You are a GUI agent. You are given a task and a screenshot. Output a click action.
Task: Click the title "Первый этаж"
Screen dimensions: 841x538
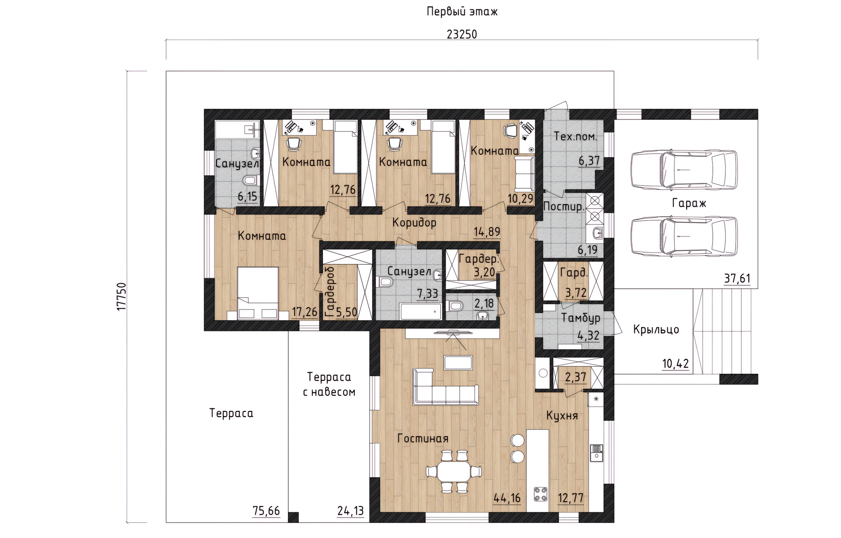462,11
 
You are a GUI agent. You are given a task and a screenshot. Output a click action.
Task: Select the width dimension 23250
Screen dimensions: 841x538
462,34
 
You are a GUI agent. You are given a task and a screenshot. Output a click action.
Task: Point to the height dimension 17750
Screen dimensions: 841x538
121,296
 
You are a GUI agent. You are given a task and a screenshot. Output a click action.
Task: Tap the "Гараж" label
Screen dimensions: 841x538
689,203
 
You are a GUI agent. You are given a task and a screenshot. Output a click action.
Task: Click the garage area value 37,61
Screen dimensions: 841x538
737,279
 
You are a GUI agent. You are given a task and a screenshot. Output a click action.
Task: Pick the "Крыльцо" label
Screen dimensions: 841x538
656,329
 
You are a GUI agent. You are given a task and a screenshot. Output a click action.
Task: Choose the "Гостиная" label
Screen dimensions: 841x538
423,438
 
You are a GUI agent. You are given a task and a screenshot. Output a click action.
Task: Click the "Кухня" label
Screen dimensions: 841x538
562,415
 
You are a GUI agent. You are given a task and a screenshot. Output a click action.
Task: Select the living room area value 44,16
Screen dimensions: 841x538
507,498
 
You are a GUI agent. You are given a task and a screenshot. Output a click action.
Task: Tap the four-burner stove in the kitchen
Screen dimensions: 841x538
540,494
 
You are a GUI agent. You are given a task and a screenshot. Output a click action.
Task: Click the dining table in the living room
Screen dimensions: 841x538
454,472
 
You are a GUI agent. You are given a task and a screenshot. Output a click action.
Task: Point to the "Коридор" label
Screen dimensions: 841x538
414,223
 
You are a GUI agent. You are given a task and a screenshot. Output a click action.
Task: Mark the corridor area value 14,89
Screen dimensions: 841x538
487,232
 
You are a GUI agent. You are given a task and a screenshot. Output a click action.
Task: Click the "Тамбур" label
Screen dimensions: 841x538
580,318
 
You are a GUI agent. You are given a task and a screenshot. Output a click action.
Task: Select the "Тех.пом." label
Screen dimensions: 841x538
575,136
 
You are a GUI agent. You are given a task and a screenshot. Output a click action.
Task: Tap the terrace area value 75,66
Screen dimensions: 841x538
266,511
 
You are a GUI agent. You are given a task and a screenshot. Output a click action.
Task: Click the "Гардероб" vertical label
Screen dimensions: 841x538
330,292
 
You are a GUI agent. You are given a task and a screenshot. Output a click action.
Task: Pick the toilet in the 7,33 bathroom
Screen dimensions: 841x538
385,281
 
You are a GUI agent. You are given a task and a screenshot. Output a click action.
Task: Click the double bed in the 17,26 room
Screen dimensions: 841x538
258,293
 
